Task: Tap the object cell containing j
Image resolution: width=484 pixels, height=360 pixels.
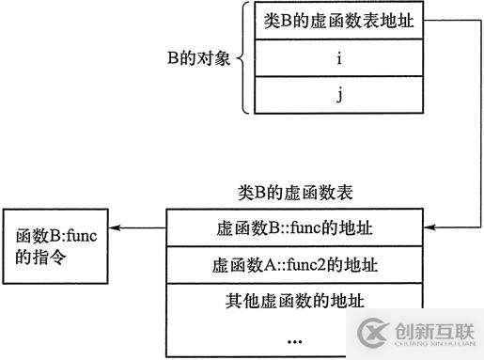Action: coord(334,94)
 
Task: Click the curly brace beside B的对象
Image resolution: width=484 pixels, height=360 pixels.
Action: coord(242,58)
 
